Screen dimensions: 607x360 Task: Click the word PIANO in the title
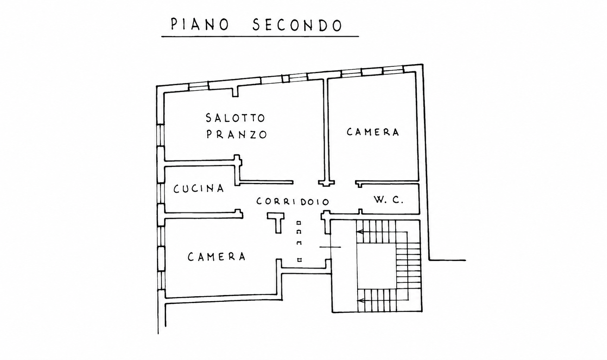(x=200, y=25)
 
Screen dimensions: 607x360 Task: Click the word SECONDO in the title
(x=298, y=25)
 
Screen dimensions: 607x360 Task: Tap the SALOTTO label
(x=235, y=118)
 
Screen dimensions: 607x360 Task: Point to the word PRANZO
(x=237, y=135)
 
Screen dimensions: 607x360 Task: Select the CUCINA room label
(x=199, y=189)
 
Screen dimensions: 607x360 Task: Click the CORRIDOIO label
(x=293, y=201)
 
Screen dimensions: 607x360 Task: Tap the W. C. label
(x=389, y=200)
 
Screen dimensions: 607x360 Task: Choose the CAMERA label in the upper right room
(x=373, y=132)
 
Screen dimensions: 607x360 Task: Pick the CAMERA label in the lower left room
(x=217, y=256)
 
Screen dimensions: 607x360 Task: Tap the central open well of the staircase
(x=377, y=266)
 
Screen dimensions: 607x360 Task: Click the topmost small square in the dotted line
(x=299, y=223)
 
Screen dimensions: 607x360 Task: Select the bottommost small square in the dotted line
(x=299, y=260)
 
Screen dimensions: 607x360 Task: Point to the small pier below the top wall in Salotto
(x=236, y=91)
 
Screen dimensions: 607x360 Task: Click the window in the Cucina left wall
(x=161, y=194)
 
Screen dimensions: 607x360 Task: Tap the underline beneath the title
(x=260, y=36)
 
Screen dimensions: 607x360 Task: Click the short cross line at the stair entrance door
(x=330, y=247)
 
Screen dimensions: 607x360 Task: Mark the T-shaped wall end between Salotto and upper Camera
(x=326, y=183)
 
